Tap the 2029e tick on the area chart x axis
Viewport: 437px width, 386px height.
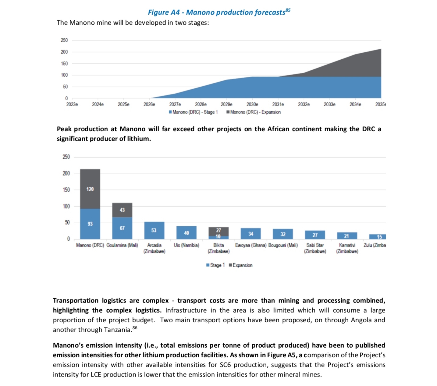[226, 104]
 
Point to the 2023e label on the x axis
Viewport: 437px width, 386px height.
[72, 104]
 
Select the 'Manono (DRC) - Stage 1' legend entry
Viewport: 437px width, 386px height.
[193, 112]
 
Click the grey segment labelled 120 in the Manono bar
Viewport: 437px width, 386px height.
[90, 189]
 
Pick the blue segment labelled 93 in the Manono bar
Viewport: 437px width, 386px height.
[90, 224]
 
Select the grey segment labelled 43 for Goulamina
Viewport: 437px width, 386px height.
[122, 210]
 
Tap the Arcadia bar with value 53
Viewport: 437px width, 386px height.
[154, 230]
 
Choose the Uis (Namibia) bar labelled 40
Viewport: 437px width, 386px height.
[186, 233]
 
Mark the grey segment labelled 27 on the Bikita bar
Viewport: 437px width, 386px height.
[218, 231]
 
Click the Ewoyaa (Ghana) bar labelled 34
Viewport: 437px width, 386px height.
[250, 234]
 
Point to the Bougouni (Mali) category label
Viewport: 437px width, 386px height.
[283, 245]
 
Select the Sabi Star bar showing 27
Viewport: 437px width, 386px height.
[315, 235]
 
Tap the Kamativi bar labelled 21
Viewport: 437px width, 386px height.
[347, 236]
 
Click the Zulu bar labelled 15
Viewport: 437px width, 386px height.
[378, 237]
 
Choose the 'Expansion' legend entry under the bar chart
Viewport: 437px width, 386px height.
[240, 265]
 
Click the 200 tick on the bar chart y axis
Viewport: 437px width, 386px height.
[66, 173]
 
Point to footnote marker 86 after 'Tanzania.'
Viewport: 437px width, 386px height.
[135, 328]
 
